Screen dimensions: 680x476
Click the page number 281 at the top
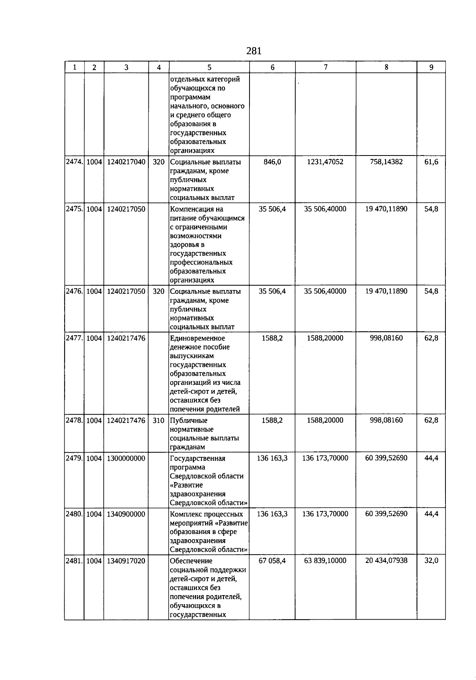click(254, 51)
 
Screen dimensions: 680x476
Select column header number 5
click(209, 67)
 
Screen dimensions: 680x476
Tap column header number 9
click(431, 67)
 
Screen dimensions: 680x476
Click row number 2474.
click(74, 162)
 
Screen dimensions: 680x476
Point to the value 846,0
click(272, 162)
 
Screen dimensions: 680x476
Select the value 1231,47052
click(325, 162)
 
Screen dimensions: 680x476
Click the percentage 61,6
click(431, 162)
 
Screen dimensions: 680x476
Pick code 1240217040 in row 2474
click(126, 162)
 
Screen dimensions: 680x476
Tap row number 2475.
click(74, 209)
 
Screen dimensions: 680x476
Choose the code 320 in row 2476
click(159, 291)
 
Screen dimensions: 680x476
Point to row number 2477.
click(74, 338)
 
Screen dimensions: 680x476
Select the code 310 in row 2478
click(159, 421)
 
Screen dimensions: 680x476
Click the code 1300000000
click(126, 458)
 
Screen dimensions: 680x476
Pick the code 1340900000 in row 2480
click(126, 514)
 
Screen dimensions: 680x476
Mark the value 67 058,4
click(272, 561)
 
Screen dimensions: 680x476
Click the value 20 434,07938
click(386, 561)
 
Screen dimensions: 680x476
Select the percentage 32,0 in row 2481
click(431, 561)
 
